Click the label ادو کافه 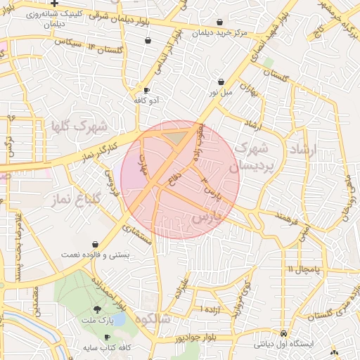click(147, 101)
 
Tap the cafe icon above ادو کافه click(147, 91)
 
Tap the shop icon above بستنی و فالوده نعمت click(94, 244)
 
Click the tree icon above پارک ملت click(97, 309)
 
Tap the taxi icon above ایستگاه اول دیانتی click(283, 333)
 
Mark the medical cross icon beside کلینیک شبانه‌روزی click(53, 4)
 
